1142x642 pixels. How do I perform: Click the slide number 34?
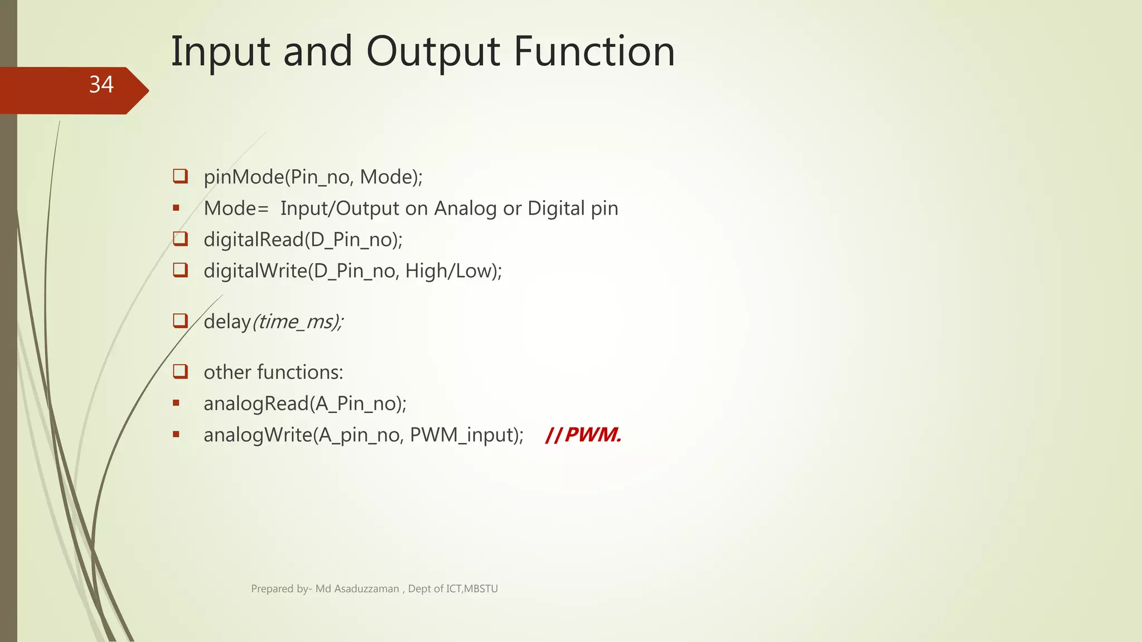(101, 85)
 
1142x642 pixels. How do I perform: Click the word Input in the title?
(220, 52)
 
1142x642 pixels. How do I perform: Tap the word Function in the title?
(594, 52)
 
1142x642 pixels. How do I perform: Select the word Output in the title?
(433, 52)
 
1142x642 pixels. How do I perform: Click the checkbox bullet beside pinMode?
(180, 176)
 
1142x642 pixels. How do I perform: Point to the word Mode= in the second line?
(236, 208)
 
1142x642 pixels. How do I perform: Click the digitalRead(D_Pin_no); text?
(303, 240)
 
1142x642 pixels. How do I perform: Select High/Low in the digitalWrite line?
(451, 271)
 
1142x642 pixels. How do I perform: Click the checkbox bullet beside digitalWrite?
(180, 270)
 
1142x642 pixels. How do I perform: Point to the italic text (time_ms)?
(298, 322)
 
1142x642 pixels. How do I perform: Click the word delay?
(227, 322)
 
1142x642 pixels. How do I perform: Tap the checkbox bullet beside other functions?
(180, 371)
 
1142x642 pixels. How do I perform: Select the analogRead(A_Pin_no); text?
(305, 403)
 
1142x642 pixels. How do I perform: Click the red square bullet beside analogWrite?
(176, 434)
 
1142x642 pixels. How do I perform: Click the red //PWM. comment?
(583, 435)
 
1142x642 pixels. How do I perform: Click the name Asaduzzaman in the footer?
(366, 588)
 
